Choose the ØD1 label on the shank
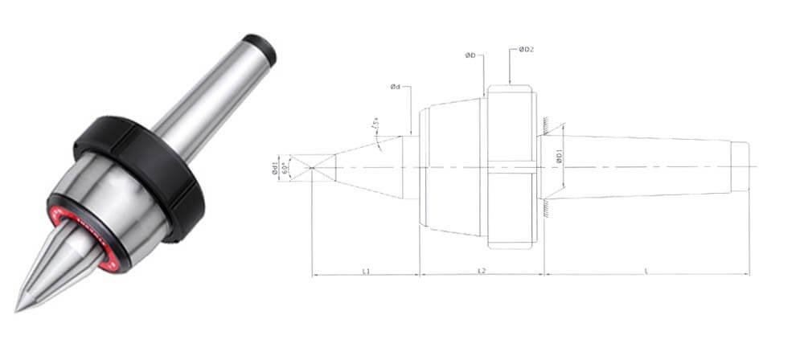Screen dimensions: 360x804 click(560, 158)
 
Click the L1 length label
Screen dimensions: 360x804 click(366, 272)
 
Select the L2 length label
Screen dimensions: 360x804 click(481, 272)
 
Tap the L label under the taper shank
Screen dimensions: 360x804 click(646, 272)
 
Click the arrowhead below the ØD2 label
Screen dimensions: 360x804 click(511, 83)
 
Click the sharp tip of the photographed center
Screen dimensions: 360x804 click(18, 309)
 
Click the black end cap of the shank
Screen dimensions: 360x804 click(260, 49)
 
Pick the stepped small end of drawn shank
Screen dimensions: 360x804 click(740, 166)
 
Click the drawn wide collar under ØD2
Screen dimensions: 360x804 click(511, 166)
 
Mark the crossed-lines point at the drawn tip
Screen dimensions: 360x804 click(313, 166)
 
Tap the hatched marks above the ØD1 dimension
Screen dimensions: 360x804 click(545, 124)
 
